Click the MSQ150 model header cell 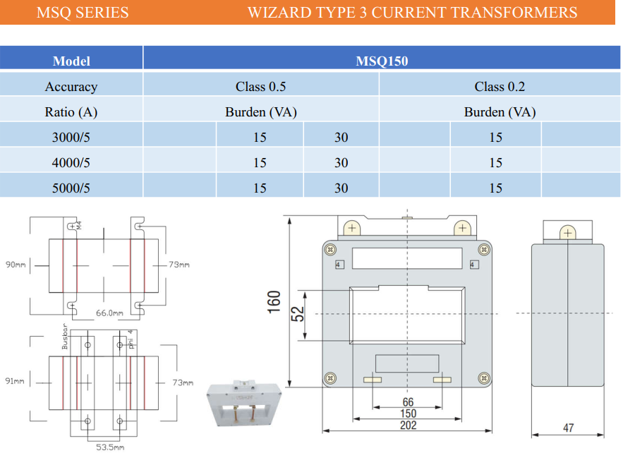coord(382,61)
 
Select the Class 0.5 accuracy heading coord(260,87)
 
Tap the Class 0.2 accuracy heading coord(500,87)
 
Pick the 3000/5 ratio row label coord(71,138)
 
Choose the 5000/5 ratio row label coord(71,188)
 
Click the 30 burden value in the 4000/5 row coord(341,163)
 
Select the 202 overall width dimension coord(408,425)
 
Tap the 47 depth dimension coord(568,428)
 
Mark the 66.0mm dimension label coord(109,313)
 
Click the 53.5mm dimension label coord(110,447)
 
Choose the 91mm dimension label coord(14,382)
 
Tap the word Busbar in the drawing coord(64,338)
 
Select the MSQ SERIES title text coord(83,13)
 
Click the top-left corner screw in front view coord(329,248)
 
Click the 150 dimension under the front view coord(408,414)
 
